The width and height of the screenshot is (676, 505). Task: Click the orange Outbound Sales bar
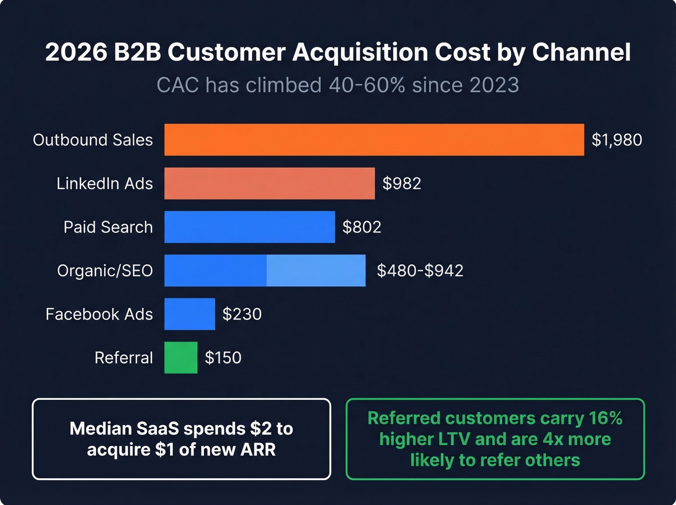[x=374, y=140]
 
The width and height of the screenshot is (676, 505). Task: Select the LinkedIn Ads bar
[x=269, y=184]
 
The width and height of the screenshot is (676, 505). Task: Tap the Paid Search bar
[x=250, y=227]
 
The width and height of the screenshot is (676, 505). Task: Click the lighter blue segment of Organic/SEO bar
[x=316, y=271]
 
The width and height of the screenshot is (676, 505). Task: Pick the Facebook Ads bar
[x=190, y=314]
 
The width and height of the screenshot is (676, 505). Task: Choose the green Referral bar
[x=181, y=358]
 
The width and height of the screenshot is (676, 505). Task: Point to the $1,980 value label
[x=617, y=140]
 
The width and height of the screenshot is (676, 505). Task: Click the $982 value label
[x=402, y=184]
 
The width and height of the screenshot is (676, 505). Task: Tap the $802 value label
[x=362, y=227]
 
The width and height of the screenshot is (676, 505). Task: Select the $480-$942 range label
[x=420, y=271]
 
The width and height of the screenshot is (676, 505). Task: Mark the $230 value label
[x=242, y=314]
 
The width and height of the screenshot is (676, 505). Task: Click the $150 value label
[x=223, y=358]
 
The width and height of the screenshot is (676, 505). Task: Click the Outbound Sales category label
[x=93, y=140]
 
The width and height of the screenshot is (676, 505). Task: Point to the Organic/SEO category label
[x=105, y=271]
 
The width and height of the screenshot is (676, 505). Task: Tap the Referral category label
[x=124, y=358]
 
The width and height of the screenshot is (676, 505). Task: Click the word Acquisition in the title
[x=360, y=52]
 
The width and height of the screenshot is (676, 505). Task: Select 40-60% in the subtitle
[x=367, y=85]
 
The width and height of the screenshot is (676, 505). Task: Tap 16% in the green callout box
[x=606, y=418]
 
